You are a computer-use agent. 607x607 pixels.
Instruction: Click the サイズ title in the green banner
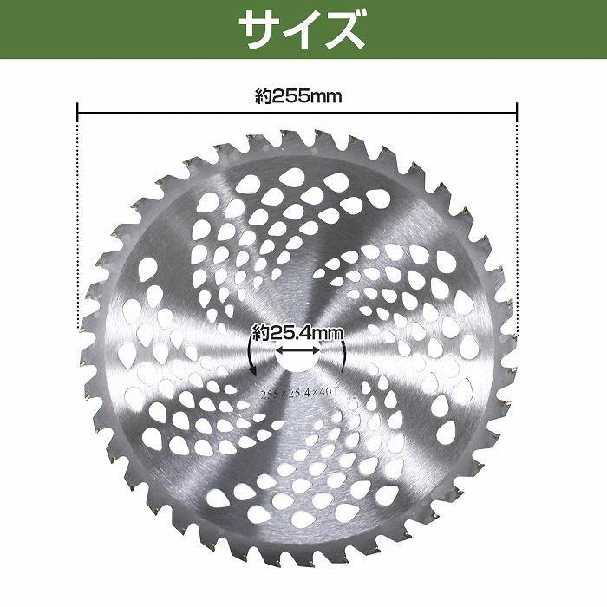[x=303, y=31]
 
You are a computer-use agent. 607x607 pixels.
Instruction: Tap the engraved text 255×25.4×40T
[x=297, y=393]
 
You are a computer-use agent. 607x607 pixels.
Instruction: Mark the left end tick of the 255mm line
[x=78, y=110]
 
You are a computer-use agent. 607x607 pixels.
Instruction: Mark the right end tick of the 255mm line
[x=517, y=110]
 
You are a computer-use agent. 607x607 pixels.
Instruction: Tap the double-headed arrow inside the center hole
[x=297, y=350]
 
